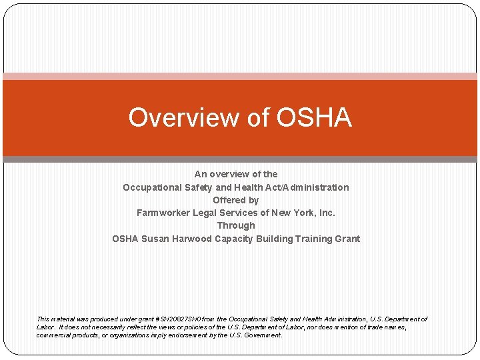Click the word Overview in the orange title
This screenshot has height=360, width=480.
coord(171,117)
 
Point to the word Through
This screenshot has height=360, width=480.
coord(236,225)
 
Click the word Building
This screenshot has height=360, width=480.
coord(275,239)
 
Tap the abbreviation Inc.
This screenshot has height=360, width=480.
coord(327,213)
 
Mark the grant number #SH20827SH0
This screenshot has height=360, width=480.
coord(179,319)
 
